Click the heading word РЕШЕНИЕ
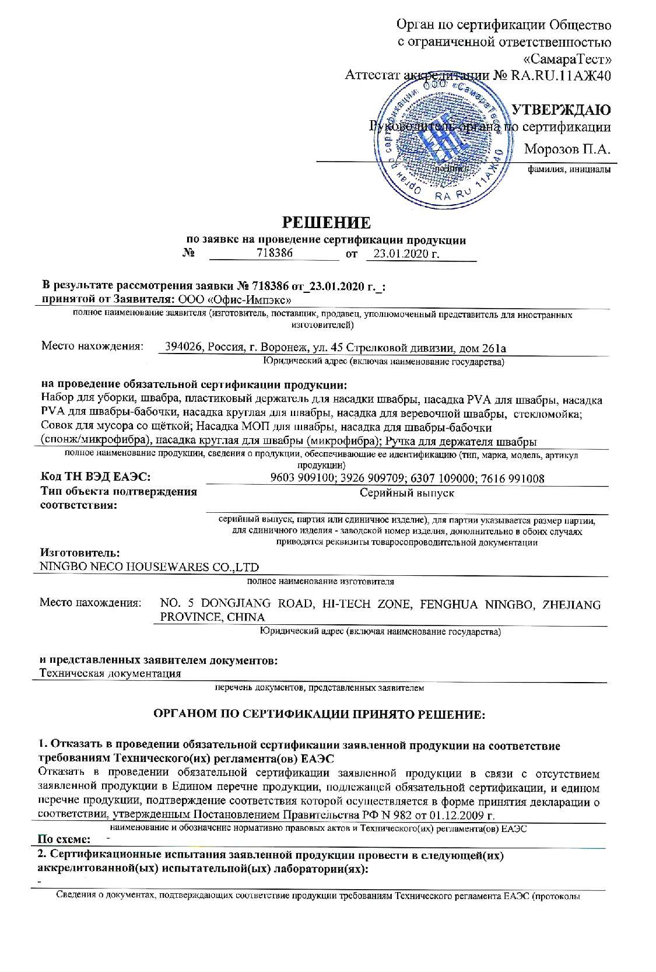[x=327, y=222]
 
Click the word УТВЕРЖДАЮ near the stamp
[x=560, y=109]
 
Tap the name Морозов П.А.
[x=567, y=149]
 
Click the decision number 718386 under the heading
[x=274, y=253]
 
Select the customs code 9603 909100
[x=303, y=478]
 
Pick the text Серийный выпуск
[x=406, y=493]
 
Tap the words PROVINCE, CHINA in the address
[x=212, y=617]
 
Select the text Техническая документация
[x=110, y=673]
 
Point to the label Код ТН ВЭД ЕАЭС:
[x=96, y=478]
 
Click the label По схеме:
[x=64, y=840]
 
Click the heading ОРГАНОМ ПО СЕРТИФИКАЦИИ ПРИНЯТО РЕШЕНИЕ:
[x=318, y=714]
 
